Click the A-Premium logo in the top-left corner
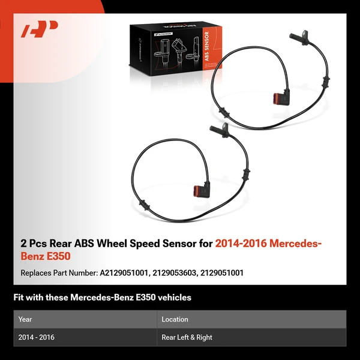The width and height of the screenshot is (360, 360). tap(40, 29)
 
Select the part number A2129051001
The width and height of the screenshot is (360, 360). tap(125, 272)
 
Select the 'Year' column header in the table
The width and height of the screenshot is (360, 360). tap(25, 319)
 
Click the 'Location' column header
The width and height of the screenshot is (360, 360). tap(175, 319)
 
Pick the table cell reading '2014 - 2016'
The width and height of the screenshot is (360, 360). tap(36, 337)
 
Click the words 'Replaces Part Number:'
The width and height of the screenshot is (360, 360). tap(58, 272)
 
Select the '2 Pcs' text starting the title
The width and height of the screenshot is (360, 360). tap(34, 244)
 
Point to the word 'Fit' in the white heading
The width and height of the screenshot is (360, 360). tap(19, 298)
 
